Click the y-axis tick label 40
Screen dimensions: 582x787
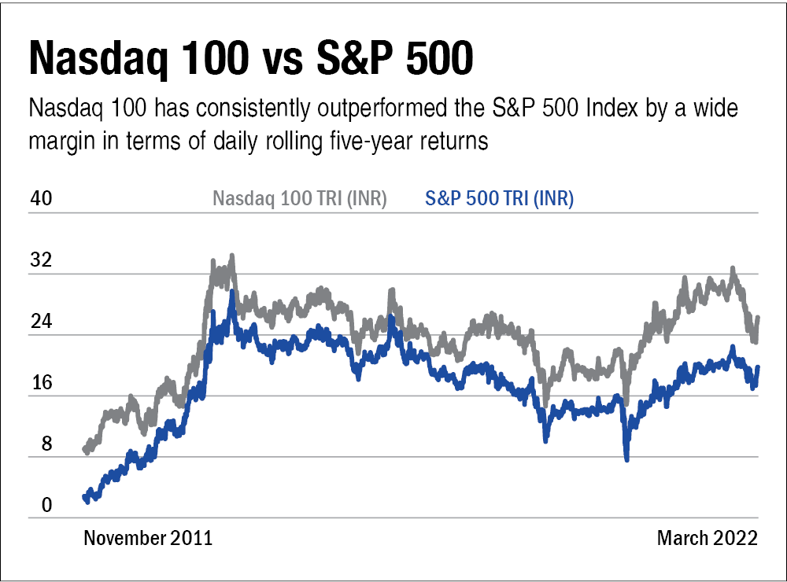coord(41,198)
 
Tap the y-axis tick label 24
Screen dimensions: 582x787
coord(41,322)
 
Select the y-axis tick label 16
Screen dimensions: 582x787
coord(41,383)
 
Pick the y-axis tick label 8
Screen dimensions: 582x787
coord(36,444)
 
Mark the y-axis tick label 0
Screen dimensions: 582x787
coord(36,506)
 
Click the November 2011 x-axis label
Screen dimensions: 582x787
coord(148,539)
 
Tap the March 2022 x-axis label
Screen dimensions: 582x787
coord(707,539)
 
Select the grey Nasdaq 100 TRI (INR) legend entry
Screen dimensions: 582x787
coord(300,199)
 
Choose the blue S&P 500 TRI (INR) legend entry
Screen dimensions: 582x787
coord(499,199)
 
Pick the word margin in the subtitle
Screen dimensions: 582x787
coord(60,142)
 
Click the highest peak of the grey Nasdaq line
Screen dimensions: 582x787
coord(231,256)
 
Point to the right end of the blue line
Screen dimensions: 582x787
coord(758,367)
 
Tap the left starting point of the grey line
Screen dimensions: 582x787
coord(84,450)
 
